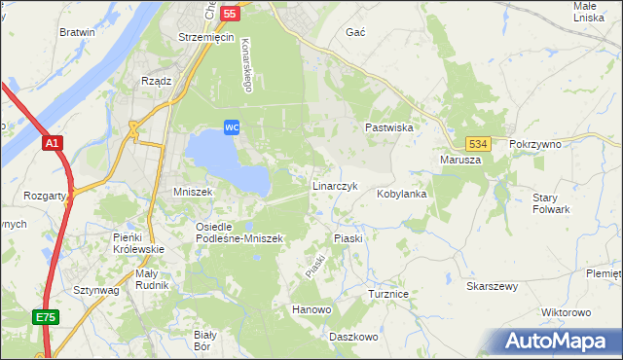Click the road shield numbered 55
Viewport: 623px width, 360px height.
click(230, 14)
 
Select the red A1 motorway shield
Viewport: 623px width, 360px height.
click(53, 143)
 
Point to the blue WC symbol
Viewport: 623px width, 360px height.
click(232, 127)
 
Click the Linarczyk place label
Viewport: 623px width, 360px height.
click(336, 185)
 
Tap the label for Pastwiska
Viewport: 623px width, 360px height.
click(389, 127)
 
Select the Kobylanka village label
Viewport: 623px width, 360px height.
click(402, 194)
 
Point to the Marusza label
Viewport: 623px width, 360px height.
click(460, 160)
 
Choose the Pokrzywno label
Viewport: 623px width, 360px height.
click(535, 144)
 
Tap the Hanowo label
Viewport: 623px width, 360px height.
click(312, 309)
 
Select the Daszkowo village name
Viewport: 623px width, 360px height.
click(352, 336)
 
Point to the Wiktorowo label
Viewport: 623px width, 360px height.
click(566, 312)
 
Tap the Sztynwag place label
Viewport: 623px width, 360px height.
click(95, 290)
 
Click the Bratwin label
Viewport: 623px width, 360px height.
click(77, 32)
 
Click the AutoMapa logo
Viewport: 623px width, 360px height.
click(560, 342)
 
